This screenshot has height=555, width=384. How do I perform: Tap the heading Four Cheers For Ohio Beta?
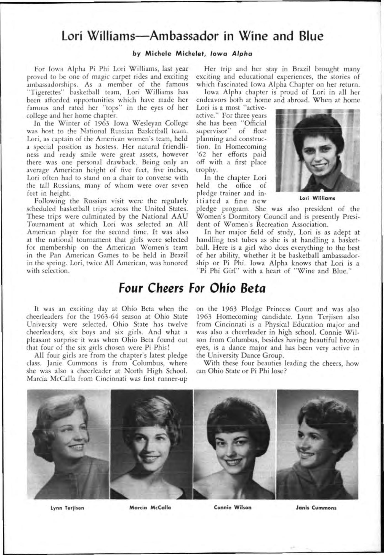[x=192, y=288]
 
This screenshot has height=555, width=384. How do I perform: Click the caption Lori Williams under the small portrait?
[x=318, y=198]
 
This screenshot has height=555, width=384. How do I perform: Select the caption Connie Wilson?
[x=233, y=507]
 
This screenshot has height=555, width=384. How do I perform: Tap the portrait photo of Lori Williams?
[x=317, y=150]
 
